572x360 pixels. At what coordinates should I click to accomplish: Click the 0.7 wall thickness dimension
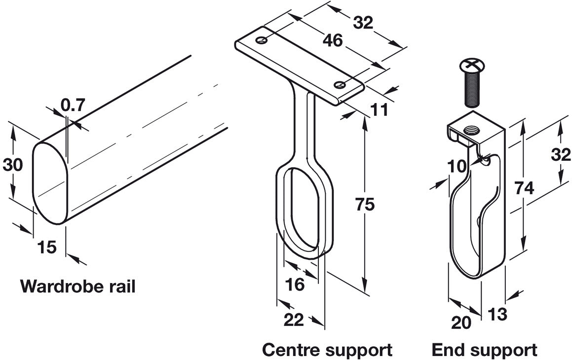73,105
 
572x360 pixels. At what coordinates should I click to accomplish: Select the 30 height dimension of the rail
13,165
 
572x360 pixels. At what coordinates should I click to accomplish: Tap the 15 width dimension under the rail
47,247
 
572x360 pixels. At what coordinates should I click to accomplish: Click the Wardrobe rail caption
77,286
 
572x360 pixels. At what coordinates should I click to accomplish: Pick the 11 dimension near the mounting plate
380,109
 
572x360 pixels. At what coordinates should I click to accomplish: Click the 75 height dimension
365,204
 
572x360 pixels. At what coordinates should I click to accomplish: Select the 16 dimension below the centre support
295,284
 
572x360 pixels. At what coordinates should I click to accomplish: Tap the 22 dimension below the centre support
294,320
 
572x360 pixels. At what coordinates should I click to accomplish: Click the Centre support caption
327,350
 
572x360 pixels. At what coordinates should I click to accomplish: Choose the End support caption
484,350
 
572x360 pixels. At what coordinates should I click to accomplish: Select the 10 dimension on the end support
458,166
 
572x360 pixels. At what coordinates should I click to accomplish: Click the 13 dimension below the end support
497,314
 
